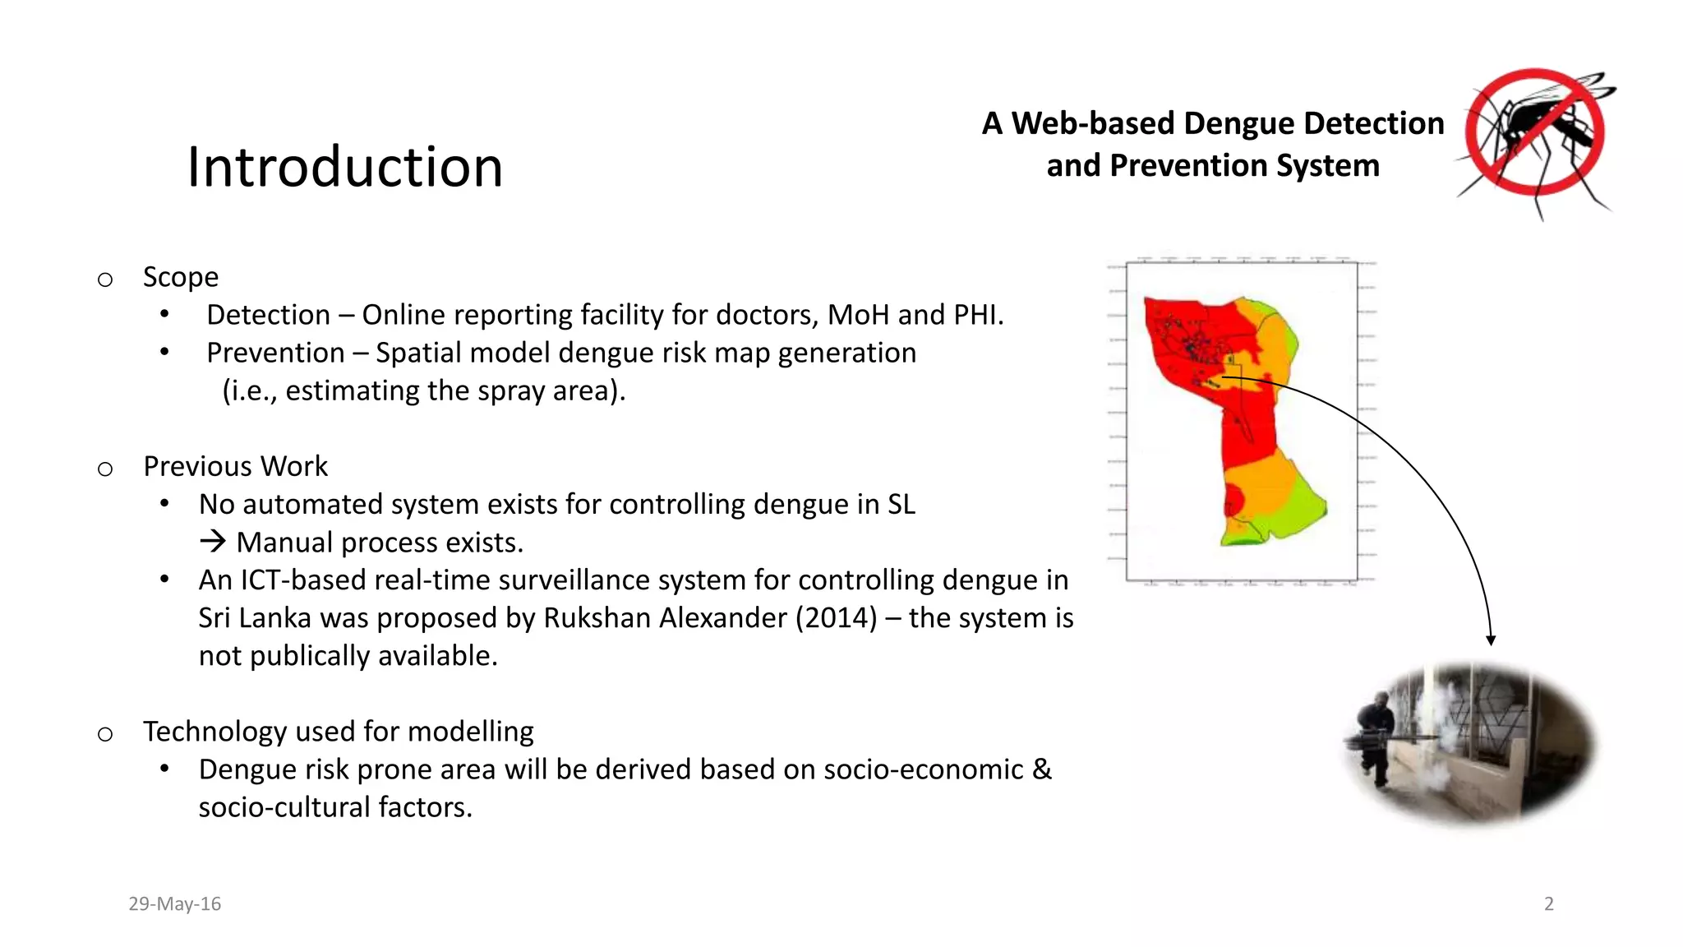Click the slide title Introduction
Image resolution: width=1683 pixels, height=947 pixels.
344,168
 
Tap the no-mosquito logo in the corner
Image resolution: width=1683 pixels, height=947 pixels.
1535,136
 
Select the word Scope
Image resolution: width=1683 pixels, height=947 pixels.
181,277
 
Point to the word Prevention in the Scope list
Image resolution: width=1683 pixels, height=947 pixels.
275,353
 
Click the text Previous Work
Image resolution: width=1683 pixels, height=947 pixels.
235,466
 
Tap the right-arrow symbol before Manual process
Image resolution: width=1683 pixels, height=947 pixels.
213,542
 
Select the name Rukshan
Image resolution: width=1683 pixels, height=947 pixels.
597,617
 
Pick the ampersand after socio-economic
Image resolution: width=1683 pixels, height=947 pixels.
1042,769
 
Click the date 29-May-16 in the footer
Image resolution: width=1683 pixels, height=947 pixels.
174,903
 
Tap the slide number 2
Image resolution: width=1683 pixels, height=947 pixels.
1549,903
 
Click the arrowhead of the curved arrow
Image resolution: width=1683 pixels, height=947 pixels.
1491,640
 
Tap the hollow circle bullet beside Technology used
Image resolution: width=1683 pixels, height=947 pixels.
105,733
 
